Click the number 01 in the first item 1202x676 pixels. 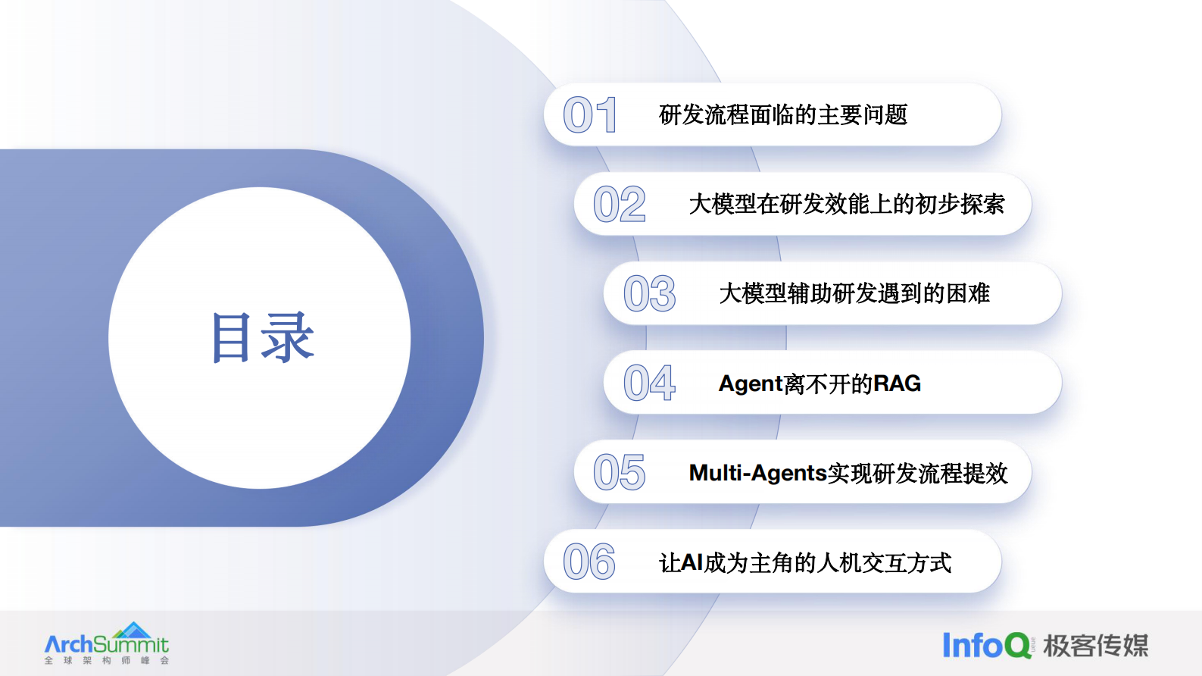[x=589, y=115]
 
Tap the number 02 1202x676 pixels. [x=620, y=205]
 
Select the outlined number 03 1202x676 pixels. [x=649, y=294]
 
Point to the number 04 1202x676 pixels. [x=649, y=383]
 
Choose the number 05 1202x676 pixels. [x=620, y=473]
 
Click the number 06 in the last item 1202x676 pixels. [x=589, y=562]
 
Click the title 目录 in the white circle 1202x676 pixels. [x=262, y=338]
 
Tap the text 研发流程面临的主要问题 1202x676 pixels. [x=783, y=115]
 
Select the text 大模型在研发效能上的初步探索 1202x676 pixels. [x=847, y=205]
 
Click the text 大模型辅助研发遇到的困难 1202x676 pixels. [x=854, y=294]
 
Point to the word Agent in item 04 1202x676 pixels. [x=751, y=384]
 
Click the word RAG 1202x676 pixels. [x=897, y=383]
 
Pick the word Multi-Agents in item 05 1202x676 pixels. [x=757, y=473]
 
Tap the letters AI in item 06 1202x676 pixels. [x=692, y=562]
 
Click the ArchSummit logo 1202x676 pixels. [x=107, y=645]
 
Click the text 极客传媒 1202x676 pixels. [x=1095, y=646]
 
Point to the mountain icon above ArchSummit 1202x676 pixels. [x=133, y=630]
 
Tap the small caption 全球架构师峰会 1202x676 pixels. [x=107, y=661]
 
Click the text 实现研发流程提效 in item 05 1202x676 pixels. [x=917, y=474]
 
